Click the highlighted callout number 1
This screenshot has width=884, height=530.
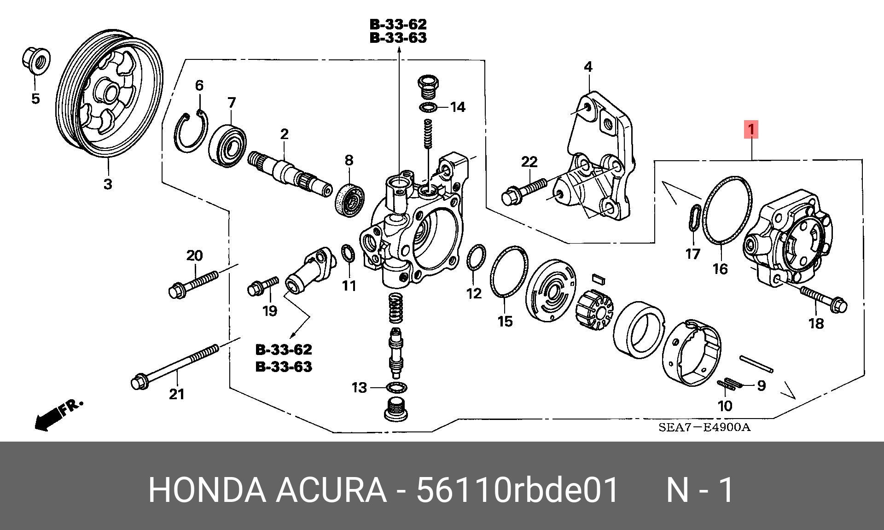tap(751, 130)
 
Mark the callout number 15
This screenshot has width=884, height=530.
tap(505, 321)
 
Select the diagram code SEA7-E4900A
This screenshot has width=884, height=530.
tap(704, 427)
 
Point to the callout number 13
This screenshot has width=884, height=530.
tap(359, 388)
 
